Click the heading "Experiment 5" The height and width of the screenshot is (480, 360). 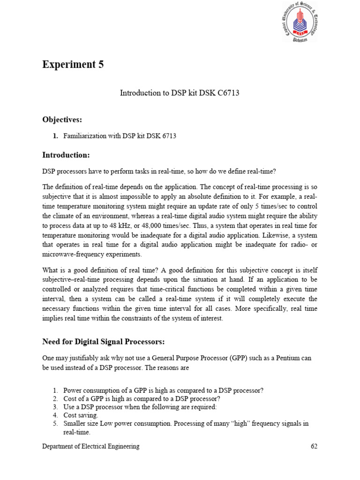tap(73, 65)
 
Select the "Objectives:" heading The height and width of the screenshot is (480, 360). tap(62, 120)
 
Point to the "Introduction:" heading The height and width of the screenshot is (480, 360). tap(66, 155)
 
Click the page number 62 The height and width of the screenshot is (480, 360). tap(314, 446)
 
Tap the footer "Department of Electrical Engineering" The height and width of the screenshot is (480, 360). tap(90, 446)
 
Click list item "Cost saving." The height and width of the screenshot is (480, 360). tap(81, 415)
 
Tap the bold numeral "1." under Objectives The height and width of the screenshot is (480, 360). tap(55, 136)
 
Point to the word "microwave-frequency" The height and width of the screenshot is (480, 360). tap(76, 254)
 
